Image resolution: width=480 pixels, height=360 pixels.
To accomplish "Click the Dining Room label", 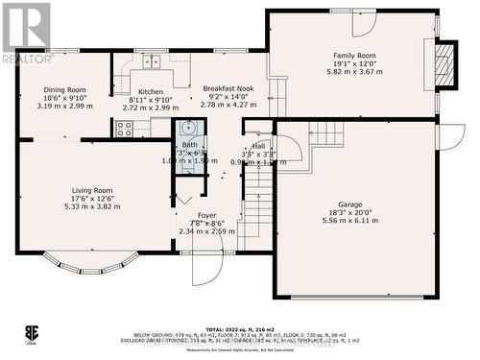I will coord(64,89).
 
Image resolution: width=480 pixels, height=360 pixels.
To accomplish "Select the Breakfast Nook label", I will coord(227,88).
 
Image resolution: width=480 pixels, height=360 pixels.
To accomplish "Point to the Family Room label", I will coord(354,56).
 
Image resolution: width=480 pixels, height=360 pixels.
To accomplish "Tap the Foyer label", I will coord(206,215).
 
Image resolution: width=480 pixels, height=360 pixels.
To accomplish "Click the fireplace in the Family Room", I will coord(443,64).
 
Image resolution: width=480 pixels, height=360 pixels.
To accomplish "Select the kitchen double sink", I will coord(152,62).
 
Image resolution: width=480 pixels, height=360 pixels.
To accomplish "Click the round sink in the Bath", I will coord(188,128).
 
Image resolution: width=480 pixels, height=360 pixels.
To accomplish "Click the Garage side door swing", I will coord(449,136).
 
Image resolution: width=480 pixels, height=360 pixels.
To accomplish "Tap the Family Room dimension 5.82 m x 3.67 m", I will coord(354,72).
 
